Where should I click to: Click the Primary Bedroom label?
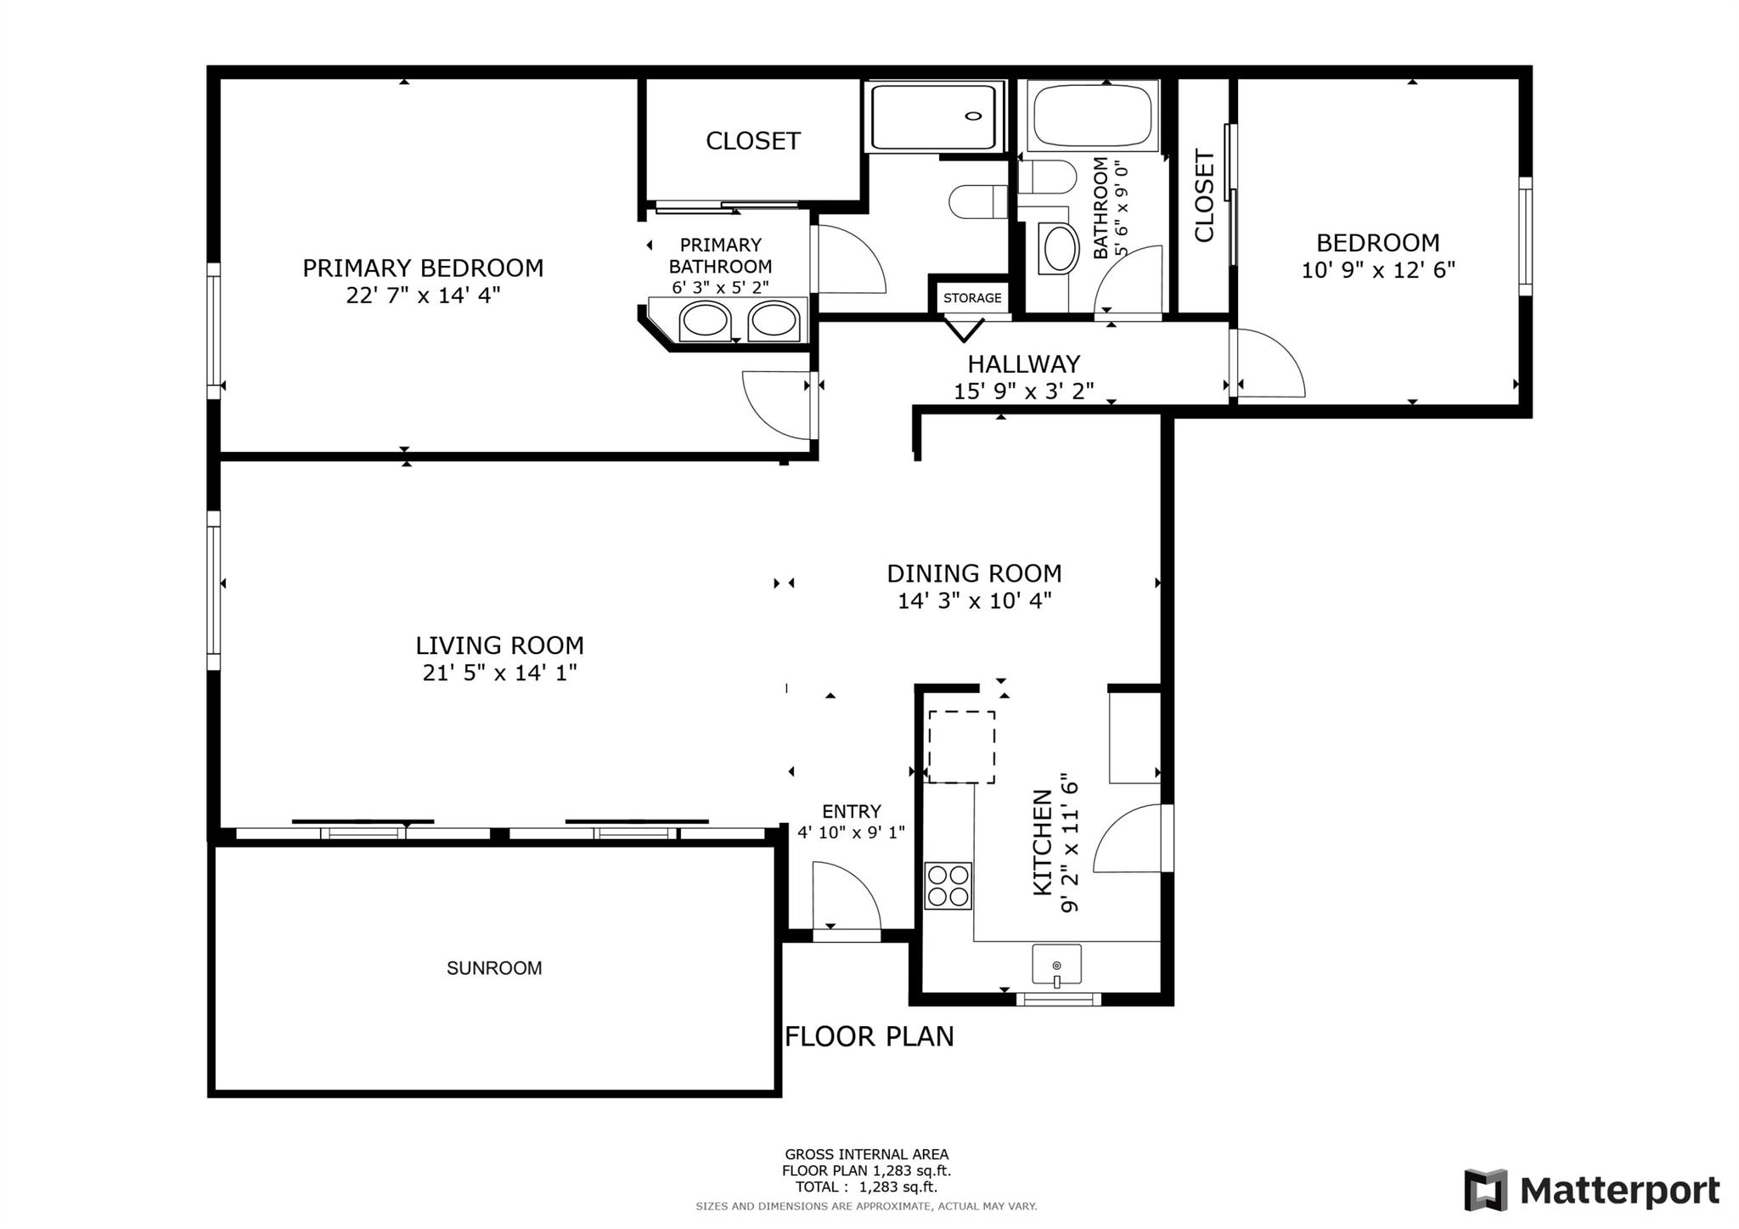click(423, 268)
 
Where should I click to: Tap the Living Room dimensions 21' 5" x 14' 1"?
click(500, 673)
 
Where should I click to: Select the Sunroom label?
click(494, 968)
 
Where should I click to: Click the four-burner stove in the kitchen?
click(948, 886)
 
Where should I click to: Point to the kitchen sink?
click(1057, 965)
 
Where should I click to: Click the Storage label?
click(972, 298)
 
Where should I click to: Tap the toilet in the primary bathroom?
click(976, 201)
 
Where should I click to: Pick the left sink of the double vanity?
click(705, 322)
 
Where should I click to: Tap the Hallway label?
click(1024, 364)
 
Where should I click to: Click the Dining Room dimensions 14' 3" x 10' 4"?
click(975, 600)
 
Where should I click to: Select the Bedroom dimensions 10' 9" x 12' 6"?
click(1378, 270)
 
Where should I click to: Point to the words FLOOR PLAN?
click(869, 1037)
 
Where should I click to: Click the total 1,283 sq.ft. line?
click(866, 1187)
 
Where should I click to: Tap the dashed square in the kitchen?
click(961, 747)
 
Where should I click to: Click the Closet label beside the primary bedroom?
click(753, 141)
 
